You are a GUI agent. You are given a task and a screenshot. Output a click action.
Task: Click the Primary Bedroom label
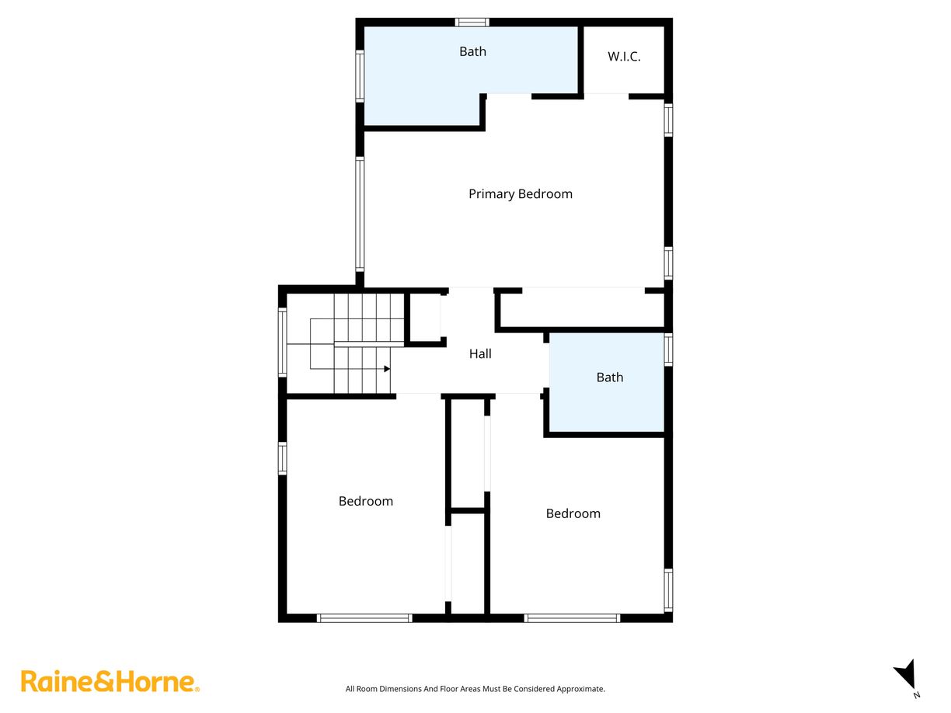coord(520,194)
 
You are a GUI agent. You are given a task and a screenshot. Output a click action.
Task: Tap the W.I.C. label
coord(624,57)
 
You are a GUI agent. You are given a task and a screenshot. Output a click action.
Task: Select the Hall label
coord(480,354)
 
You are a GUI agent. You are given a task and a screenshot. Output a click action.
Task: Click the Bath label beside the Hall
coord(609,377)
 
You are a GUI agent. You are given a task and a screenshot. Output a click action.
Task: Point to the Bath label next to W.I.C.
coord(472,52)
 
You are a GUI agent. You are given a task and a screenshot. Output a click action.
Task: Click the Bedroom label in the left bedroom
coord(365,502)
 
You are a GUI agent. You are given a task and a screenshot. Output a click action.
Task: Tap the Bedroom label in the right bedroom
coord(573,513)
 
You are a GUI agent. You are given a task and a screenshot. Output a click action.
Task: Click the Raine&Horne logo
coord(110,682)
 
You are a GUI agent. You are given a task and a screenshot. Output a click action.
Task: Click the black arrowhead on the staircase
coord(386,369)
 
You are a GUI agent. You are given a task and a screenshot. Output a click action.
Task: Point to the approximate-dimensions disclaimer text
coord(475,689)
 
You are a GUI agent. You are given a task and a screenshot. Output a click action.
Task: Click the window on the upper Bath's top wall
coord(472,22)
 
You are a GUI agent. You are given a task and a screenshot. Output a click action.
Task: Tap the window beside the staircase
coord(283,342)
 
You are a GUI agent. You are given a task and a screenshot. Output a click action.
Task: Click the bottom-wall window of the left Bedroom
coord(364,618)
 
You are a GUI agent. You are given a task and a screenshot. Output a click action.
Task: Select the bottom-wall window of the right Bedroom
coord(572,618)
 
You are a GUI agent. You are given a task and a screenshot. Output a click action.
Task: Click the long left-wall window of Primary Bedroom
coord(360,214)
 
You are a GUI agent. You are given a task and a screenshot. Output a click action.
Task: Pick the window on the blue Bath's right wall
coord(668,350)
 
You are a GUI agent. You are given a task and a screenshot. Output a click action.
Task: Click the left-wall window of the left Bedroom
coord(283,458)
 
